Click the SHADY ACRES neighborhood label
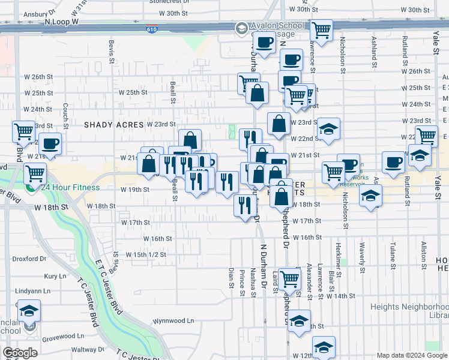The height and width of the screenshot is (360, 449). tap(113, 124)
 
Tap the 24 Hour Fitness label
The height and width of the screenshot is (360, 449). tap(70, 187)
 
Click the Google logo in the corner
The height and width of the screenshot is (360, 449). tap(20, 352)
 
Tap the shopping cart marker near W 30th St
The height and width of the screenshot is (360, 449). tap(322, 29)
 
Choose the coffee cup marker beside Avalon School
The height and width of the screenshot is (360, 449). tap(264, 43)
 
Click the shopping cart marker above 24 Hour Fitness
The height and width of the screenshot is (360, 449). tap(35, 173)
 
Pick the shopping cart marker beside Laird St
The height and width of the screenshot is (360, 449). tap(289, 278)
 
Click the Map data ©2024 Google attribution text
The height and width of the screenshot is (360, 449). tap(411, 355)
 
